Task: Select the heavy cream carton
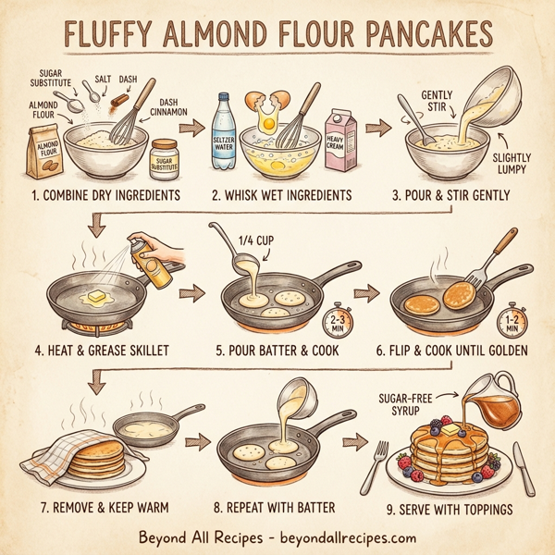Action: (x=339, y=142)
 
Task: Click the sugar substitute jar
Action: (x=165, y=159)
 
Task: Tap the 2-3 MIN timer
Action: (x=335, y=324)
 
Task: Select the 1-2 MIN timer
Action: (x=511, y=320)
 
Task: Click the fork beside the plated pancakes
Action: (x=379, y=462)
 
